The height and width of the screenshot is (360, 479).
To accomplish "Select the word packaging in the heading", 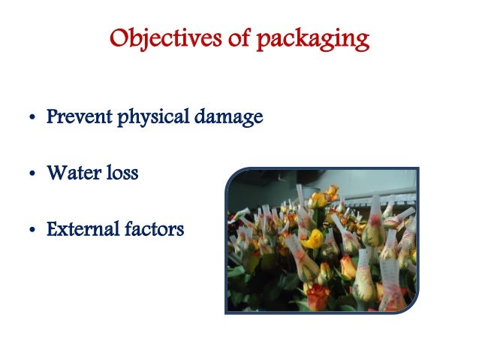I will pos(311,39).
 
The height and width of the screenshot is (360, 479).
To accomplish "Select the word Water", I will pos(70,174).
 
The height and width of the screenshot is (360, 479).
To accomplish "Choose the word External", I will pos(77,229).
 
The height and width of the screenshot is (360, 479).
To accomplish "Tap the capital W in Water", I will pos(55,174).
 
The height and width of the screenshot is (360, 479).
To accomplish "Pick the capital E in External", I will pos(51,229).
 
